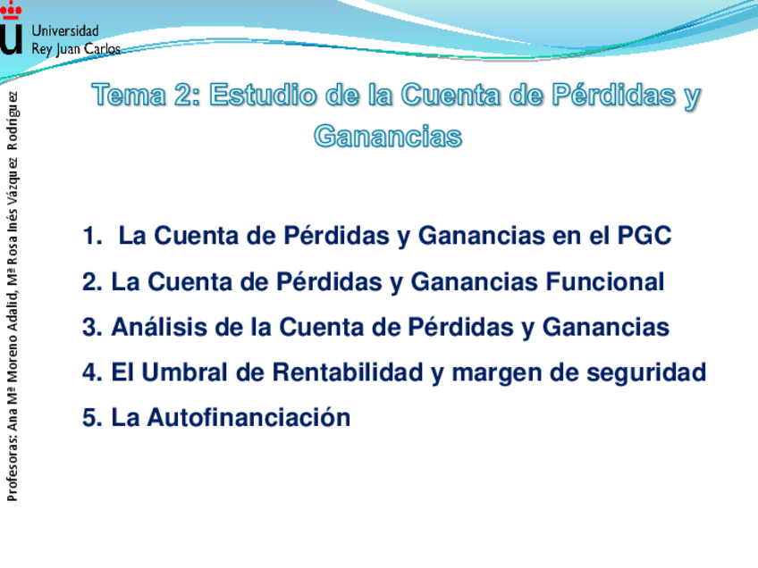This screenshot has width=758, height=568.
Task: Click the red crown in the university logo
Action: pos(11,11)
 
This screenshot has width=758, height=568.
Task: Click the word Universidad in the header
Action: pos(65,31)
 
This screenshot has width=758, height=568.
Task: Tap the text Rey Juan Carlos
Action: pos(76,49)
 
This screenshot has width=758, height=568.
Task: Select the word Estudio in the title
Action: pos(263,95)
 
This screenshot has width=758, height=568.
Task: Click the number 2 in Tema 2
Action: pos(183,95)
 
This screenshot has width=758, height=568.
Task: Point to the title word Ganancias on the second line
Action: pos(388,137)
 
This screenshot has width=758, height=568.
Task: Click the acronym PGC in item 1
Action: pos(644,236)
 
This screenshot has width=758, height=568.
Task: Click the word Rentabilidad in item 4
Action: pos(348,372)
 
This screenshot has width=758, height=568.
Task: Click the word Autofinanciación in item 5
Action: pos(249,417)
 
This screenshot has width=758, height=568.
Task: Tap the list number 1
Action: pos(92,236)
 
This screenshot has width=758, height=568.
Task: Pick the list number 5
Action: pos(92,418)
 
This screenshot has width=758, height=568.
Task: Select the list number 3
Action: pos(92,327)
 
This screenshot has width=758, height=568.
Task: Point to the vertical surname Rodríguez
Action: pos(13,121)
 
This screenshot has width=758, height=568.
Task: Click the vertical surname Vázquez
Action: pos(13,182)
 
